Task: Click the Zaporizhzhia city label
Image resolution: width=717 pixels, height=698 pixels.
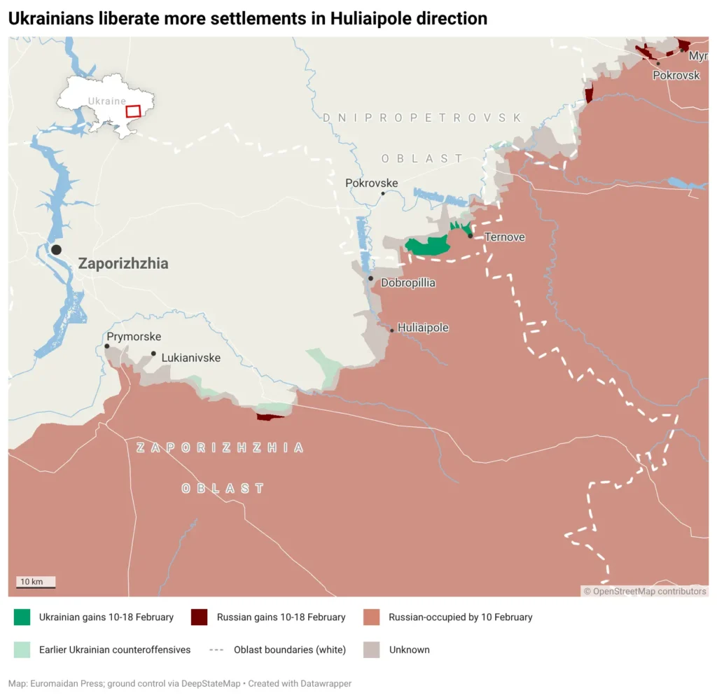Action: click(x=123, y=264)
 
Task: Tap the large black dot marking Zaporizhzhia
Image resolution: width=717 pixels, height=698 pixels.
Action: click(x=56, y=250)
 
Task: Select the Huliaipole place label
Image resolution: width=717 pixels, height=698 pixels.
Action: click(x=423, y=328)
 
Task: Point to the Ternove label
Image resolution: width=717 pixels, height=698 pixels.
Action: click(x=504, y=237)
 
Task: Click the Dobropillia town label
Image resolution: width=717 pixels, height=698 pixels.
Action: click(x=408, y=284)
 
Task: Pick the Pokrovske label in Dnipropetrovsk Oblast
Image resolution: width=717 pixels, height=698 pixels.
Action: click(x=371, y=183)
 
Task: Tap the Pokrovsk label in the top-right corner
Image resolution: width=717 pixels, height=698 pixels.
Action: click(x=676, y=76)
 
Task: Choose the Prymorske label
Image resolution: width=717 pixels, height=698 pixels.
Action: click(x=134, y=337)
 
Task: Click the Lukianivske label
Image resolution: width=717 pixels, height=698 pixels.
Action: click(x=190, y=358)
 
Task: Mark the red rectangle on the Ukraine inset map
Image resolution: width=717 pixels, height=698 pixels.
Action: click(x=133, y=111)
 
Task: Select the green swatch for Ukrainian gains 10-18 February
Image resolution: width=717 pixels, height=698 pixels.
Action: click(x=22, y=617)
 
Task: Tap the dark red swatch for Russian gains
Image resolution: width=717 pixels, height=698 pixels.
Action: click(x=200, y=617)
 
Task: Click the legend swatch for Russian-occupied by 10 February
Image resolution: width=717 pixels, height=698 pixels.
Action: click(x=372, y=617)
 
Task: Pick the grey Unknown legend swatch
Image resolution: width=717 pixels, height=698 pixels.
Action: click(x=372, y=650)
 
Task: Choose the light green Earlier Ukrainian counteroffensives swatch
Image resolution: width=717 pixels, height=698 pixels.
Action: click(x=22, y=650)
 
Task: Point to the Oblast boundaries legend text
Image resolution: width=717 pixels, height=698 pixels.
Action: click(x=289, y=650)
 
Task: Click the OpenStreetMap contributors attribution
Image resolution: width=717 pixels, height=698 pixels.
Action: click(x=645, y=592)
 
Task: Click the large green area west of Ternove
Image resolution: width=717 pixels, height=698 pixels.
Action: click(x=427, y=246)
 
